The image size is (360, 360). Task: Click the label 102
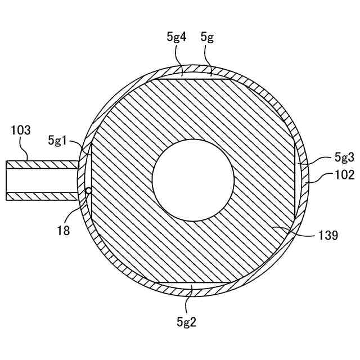point(344,175)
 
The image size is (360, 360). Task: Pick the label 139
point(327,235)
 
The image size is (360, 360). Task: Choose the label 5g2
point(186,322)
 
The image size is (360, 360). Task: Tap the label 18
point(64,230)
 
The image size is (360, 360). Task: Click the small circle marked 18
point(88,191)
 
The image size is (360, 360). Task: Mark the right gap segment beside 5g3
point(299,180)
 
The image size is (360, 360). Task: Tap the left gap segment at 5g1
point(88,169)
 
